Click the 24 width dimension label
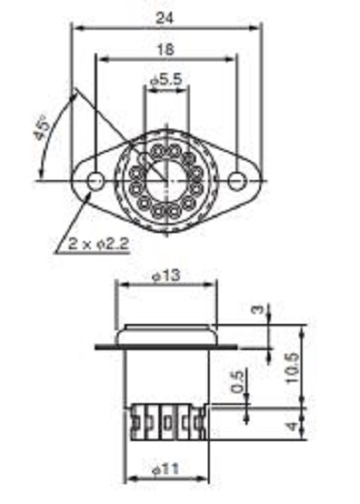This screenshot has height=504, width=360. (x=165, y=18)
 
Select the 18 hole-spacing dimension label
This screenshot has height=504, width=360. (x=166, y=49)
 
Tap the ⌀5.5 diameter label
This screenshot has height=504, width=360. (x=166, y=79)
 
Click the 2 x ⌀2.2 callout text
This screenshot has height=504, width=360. (x=99, y=244)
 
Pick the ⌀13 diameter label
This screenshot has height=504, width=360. (x=166, y=275)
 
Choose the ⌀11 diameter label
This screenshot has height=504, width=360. (x=166, y=470)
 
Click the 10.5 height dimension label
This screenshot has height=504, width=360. (x=292, y=368)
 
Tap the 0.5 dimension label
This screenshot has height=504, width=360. (x=238, y=382)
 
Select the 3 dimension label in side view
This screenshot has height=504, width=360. (x=257, y=310)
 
